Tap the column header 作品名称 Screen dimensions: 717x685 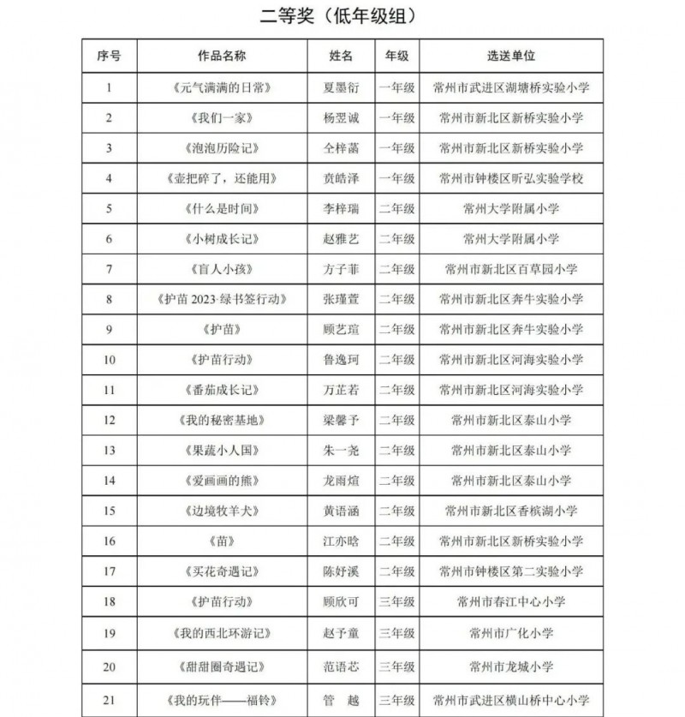(222, 56)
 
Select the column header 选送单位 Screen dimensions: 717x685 (511, 56)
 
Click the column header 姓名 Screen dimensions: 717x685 (341, 56)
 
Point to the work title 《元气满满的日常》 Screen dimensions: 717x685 (222, 87)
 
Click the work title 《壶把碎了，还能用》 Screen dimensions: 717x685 (222, 178)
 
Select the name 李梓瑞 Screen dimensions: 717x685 (341, 208)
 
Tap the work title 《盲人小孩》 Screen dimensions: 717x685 (222, 269)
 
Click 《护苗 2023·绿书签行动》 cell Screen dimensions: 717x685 (222, 299)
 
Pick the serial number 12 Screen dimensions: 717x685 (109, 420)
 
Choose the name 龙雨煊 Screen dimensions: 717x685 (341, 481)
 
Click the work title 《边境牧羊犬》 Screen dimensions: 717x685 (222, 511)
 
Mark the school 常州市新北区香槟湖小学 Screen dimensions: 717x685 (511, 511)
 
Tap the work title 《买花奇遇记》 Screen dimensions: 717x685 (222, 571)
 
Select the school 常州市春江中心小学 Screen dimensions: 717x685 (511, 601)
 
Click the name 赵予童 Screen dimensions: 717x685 (341, 633)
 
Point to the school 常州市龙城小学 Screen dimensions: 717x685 (511, 666)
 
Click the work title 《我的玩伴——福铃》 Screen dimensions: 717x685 (222, 700)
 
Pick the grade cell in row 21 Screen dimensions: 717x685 (396, 700)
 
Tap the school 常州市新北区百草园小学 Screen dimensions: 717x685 (511, 269)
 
